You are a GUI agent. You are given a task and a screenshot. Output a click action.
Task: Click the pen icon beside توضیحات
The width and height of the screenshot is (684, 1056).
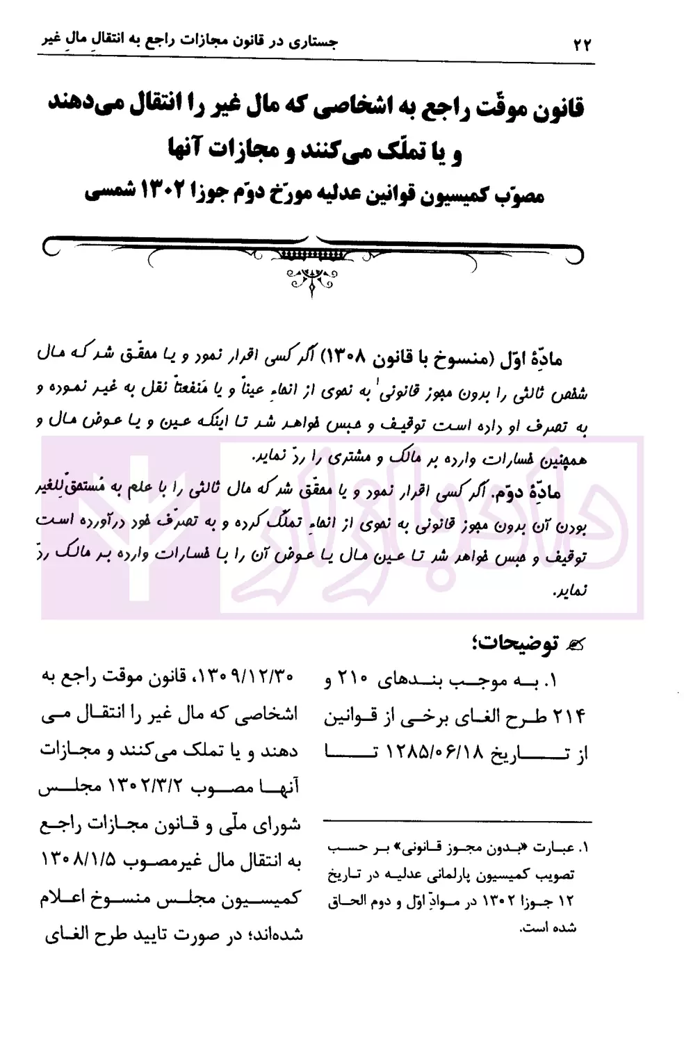576,646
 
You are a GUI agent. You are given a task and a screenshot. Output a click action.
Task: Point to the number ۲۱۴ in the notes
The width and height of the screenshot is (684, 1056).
569,715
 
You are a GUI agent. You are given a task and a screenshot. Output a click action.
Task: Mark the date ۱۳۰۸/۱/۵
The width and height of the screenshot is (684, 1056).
83,861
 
